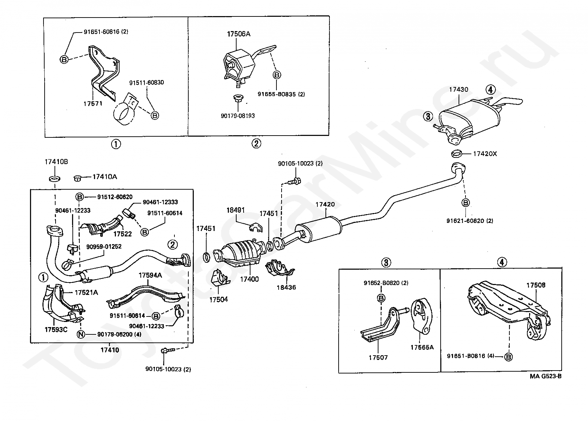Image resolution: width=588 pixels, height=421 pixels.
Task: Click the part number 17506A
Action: tap(238, 34)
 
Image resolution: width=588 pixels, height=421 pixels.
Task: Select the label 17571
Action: tap(93, 103)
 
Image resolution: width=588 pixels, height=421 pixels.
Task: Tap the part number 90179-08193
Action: tap(238, 115)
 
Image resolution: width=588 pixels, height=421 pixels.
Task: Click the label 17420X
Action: tap(485, 154)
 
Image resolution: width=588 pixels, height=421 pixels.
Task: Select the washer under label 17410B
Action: tap(54, 179)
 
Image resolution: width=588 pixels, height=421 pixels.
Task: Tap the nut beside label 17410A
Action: tap(77, 178)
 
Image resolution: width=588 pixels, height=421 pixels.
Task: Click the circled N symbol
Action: tap(81, 334)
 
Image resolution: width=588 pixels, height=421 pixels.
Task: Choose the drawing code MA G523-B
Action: tap(545, 376)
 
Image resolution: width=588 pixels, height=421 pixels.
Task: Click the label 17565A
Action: tap(422, 347)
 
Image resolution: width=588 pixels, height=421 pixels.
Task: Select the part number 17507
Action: tap(378, 357)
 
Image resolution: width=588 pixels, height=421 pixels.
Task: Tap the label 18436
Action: tap(286, 287)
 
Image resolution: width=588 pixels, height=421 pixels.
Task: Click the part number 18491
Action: tap(236, 210)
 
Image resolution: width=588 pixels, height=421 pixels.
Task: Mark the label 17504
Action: tap(218, 299)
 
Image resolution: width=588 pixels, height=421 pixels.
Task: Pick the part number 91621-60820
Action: tap(465, 221)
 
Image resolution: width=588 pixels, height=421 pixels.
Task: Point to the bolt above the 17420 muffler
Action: tap(294, 181)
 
